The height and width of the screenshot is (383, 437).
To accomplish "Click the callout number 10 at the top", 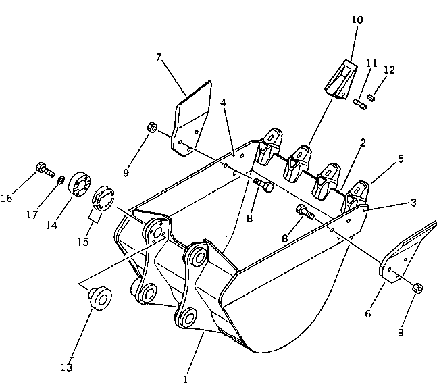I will [x=357, y=20].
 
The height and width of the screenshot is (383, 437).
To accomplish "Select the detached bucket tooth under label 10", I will [x=340, y=76].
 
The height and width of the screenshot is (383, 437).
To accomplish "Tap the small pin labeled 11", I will [x=359, y=102].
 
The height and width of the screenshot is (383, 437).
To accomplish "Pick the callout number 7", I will [x=159, y=59].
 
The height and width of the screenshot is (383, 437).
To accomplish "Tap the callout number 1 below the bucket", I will [x=185, y=379].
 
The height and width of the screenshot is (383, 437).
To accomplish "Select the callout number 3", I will [x=413, y=202].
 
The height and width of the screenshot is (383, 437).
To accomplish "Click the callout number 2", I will [x=363, y=143].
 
